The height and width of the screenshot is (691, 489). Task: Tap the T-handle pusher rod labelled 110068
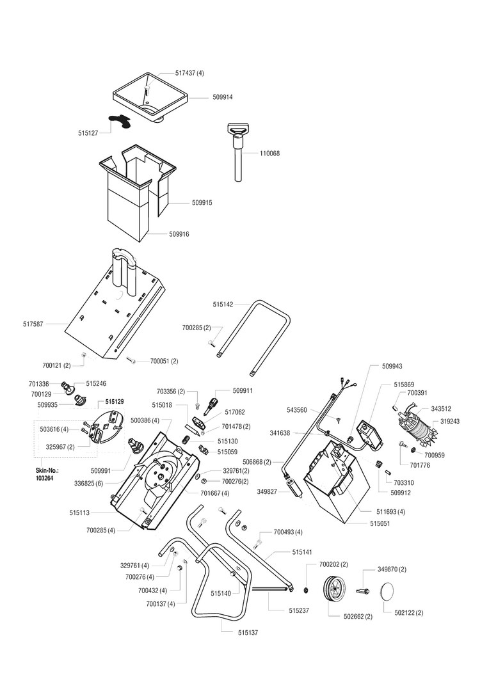[238, 157]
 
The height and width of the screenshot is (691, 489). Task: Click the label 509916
[180, 235]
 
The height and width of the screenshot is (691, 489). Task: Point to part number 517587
[33, 324]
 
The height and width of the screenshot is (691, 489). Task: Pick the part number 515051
[380, 523]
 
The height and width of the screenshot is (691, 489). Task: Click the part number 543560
[296, 409]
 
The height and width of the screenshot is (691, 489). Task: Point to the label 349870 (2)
[392, 569]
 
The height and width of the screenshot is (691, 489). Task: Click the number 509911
[243, 390]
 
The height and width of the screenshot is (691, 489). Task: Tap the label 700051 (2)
[164, 361]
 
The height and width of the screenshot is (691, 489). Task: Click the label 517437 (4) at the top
[189, 74]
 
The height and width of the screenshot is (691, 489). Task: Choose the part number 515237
[299, 610]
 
